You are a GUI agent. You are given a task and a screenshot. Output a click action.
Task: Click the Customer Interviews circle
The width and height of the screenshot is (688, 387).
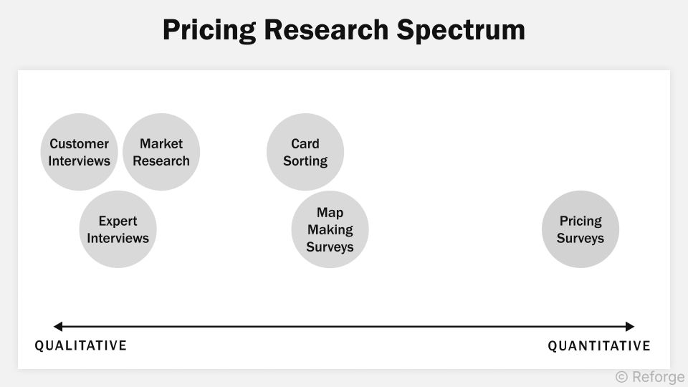[x=79, y=152]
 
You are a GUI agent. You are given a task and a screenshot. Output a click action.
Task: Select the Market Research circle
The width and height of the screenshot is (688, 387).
[x=161, y=152]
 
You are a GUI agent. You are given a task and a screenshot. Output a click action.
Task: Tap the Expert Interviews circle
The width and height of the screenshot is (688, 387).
[x=118, y=229]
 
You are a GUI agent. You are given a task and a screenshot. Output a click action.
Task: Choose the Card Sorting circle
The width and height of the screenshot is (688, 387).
[x=305, y=152]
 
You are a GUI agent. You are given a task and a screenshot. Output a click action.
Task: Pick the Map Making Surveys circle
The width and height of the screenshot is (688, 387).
[x=330, y=229]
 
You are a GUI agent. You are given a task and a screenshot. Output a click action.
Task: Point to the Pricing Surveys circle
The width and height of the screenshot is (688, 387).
[x=580, y=229]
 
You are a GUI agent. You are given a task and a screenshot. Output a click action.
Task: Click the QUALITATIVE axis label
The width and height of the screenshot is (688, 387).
[x=81, y=345]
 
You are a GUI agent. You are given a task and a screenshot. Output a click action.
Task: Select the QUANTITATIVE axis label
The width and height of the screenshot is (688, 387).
[x=599, y=346]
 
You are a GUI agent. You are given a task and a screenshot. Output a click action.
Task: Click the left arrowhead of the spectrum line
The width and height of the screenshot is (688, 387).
[x=57, y=327]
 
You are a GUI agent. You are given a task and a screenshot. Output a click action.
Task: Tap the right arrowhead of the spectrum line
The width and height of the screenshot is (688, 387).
[x=631, y=327]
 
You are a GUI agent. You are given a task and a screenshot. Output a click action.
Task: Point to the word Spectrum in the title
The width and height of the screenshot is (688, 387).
[x=468, y=30]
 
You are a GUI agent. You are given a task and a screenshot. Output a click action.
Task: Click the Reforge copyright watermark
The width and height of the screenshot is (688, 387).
[x=649, y=377]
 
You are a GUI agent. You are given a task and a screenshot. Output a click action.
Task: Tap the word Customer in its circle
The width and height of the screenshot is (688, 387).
[x=79, y=143]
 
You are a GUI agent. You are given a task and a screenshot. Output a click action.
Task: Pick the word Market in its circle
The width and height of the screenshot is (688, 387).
[x=161, y=143]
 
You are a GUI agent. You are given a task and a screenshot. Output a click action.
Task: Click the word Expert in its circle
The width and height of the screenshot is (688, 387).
[x=118, y=221]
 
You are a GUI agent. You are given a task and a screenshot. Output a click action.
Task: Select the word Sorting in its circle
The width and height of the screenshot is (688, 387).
[x=305, y=161]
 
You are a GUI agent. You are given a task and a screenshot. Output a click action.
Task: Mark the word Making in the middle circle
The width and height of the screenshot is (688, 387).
[x=330, y=229]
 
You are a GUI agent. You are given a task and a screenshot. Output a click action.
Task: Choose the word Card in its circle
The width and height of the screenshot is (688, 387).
[x=305, y=143]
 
